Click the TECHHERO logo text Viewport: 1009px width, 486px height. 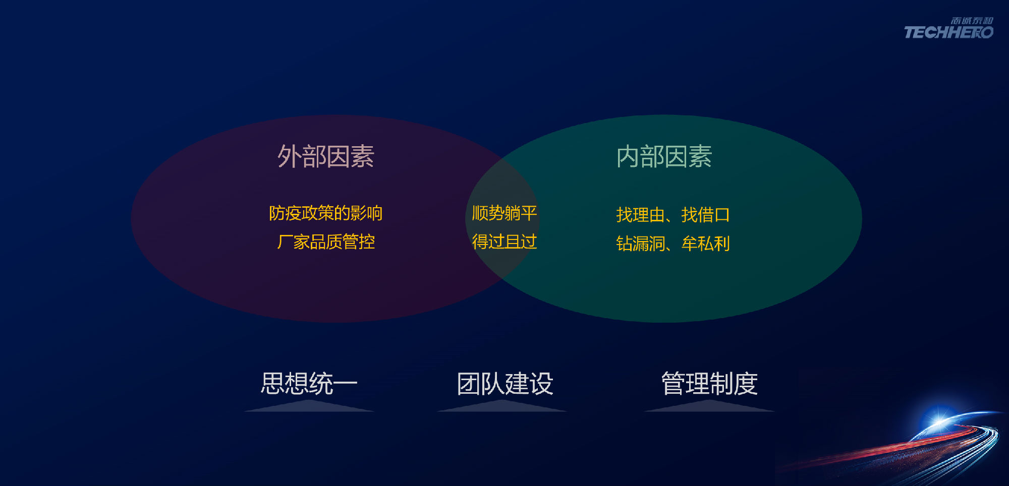point(948,33)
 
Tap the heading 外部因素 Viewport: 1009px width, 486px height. point(326,156)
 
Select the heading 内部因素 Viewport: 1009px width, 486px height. point(664,156)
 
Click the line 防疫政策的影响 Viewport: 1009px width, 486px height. point(326,213)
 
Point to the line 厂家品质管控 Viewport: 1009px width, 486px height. point(326,242)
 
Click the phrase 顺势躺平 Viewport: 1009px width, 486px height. point(504,213)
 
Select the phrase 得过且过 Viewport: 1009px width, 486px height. point(504,242)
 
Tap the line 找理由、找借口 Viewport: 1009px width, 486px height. point(673,215)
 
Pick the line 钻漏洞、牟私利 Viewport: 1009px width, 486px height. point(673,244)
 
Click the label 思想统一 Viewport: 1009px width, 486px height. point(309,383)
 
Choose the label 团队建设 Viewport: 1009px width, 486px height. point(505,384)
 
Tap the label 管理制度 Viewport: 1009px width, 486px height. point(709,384)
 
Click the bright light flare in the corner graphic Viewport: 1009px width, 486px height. point(939,419)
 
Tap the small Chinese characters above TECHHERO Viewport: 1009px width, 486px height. point(972,21)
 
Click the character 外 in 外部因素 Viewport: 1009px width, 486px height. point(289,156)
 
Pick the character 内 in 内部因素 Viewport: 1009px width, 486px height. point(628,156)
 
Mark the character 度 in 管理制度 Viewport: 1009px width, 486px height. point(746,384)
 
